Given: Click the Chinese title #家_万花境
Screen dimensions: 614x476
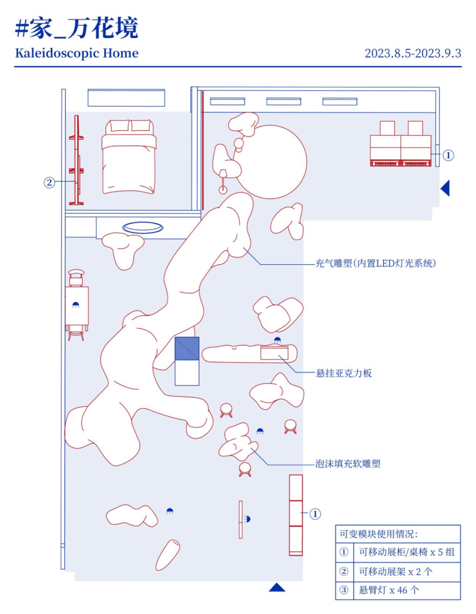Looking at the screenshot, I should click(77, 28).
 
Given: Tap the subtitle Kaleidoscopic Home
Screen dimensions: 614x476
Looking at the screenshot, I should click(77, 53).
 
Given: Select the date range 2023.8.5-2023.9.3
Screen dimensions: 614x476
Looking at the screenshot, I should click(413, 53).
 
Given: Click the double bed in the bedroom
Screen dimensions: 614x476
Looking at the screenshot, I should click(129, 157).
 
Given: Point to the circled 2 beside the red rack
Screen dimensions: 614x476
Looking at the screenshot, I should click(49, 182).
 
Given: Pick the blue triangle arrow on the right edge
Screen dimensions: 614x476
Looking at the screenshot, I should click(446, 188).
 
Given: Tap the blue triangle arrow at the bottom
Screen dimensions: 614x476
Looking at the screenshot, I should click(277, 587).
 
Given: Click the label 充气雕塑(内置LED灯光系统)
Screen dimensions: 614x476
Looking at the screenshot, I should click(376, 263).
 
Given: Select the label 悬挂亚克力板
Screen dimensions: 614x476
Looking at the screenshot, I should click(344, 373).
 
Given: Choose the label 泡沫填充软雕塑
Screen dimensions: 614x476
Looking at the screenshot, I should click(348, 463).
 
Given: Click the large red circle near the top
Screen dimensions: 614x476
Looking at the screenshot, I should click(270, 162).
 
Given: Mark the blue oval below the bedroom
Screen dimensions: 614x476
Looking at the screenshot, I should click(143, 227).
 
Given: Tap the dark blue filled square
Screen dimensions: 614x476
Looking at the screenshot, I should click(187, 349).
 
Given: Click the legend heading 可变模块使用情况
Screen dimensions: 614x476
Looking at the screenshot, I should click(378, 534).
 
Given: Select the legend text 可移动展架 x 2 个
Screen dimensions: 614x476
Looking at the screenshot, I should click(395, 571).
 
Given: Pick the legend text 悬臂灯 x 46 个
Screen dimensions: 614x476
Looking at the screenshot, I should click(388, 590).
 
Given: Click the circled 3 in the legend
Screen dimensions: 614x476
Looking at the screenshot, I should click(344, 590).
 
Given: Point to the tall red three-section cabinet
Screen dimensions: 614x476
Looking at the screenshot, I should click(296, 515).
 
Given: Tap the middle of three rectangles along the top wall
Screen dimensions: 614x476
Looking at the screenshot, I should click(283, 102).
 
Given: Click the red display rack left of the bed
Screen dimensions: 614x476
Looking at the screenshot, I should click(77, 161).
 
